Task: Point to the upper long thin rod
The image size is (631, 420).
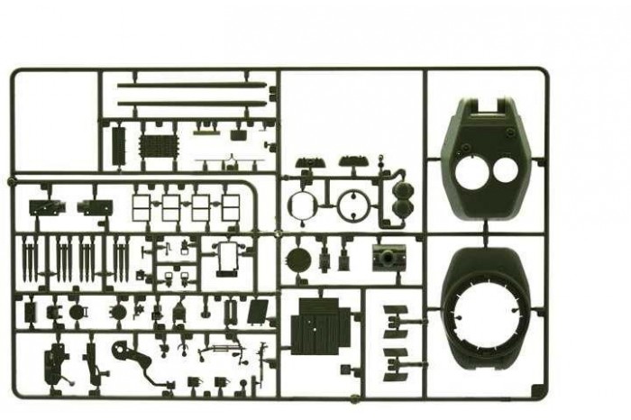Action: pos(192,87)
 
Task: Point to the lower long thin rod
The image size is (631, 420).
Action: pos(192,104)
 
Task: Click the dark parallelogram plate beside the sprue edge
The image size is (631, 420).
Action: pos(259,311)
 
